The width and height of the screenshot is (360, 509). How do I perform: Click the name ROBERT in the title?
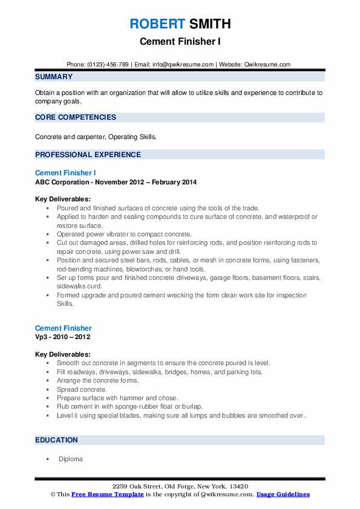[x=156, y=24]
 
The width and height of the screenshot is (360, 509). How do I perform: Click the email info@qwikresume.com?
[x=184, y=64]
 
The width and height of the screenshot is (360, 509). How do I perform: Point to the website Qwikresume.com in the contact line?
[x=268, y=64]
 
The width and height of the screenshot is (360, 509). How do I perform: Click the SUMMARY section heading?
[x=54, y=77]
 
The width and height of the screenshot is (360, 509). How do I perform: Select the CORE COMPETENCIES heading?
[x=76, y=117]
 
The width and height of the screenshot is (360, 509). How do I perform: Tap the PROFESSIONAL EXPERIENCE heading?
[x=88, y=155]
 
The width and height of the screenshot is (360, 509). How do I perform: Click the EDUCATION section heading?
[x=56, y=440]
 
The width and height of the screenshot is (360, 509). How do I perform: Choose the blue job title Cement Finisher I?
[x=65, y=173]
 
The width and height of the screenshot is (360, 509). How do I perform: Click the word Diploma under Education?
[x=71, y=459]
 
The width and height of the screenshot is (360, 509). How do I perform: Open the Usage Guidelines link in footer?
[x=283, y=494]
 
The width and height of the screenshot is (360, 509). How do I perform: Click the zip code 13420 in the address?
[x=237, y=487]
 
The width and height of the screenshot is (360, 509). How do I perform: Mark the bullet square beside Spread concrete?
[x=47, y=390]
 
